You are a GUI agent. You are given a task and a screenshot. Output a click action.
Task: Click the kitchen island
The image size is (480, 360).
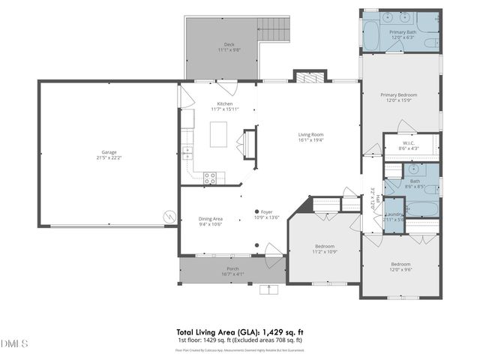(x=218, y=134)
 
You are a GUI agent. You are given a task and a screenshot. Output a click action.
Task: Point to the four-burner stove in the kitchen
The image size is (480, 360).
(x=211, y=178)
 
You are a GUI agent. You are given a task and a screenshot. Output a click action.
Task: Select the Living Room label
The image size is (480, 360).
(x=310, y=136)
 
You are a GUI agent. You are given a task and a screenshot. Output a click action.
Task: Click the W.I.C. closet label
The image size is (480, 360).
(x=409, y=145)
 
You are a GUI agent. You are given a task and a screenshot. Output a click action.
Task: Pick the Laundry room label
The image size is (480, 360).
(x=394, y=216)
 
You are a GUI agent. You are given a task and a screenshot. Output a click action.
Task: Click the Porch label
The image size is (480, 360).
(x=233, y=271)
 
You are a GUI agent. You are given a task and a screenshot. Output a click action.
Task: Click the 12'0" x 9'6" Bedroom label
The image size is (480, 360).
(x=400, y=266)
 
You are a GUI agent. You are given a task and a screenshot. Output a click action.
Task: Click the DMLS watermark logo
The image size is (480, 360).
(x=14, y=344)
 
